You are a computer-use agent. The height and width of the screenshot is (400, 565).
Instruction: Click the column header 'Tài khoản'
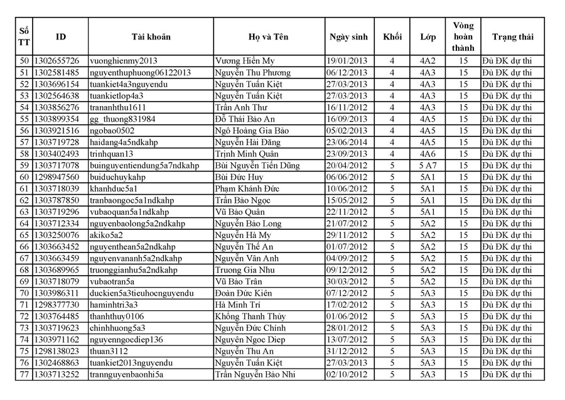[x=151, y=37]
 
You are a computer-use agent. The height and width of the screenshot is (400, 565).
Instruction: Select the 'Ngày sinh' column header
[x=348, y=37]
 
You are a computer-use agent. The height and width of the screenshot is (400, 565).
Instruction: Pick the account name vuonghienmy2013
[x=124, y=61]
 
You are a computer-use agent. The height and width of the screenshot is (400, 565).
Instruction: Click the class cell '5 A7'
[x=428, y=166]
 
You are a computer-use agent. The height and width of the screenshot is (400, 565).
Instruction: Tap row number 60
[x=24, y=177]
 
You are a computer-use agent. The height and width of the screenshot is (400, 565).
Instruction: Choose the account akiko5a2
[x=107, y=235]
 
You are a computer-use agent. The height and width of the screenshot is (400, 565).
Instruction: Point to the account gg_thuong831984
[x=122, y=119]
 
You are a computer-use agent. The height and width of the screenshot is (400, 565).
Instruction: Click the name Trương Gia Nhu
[x=244, y=270]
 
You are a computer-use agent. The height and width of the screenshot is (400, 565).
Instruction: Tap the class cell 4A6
[x=428, y=154]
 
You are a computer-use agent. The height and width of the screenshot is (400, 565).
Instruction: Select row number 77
[x=24, y=375]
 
